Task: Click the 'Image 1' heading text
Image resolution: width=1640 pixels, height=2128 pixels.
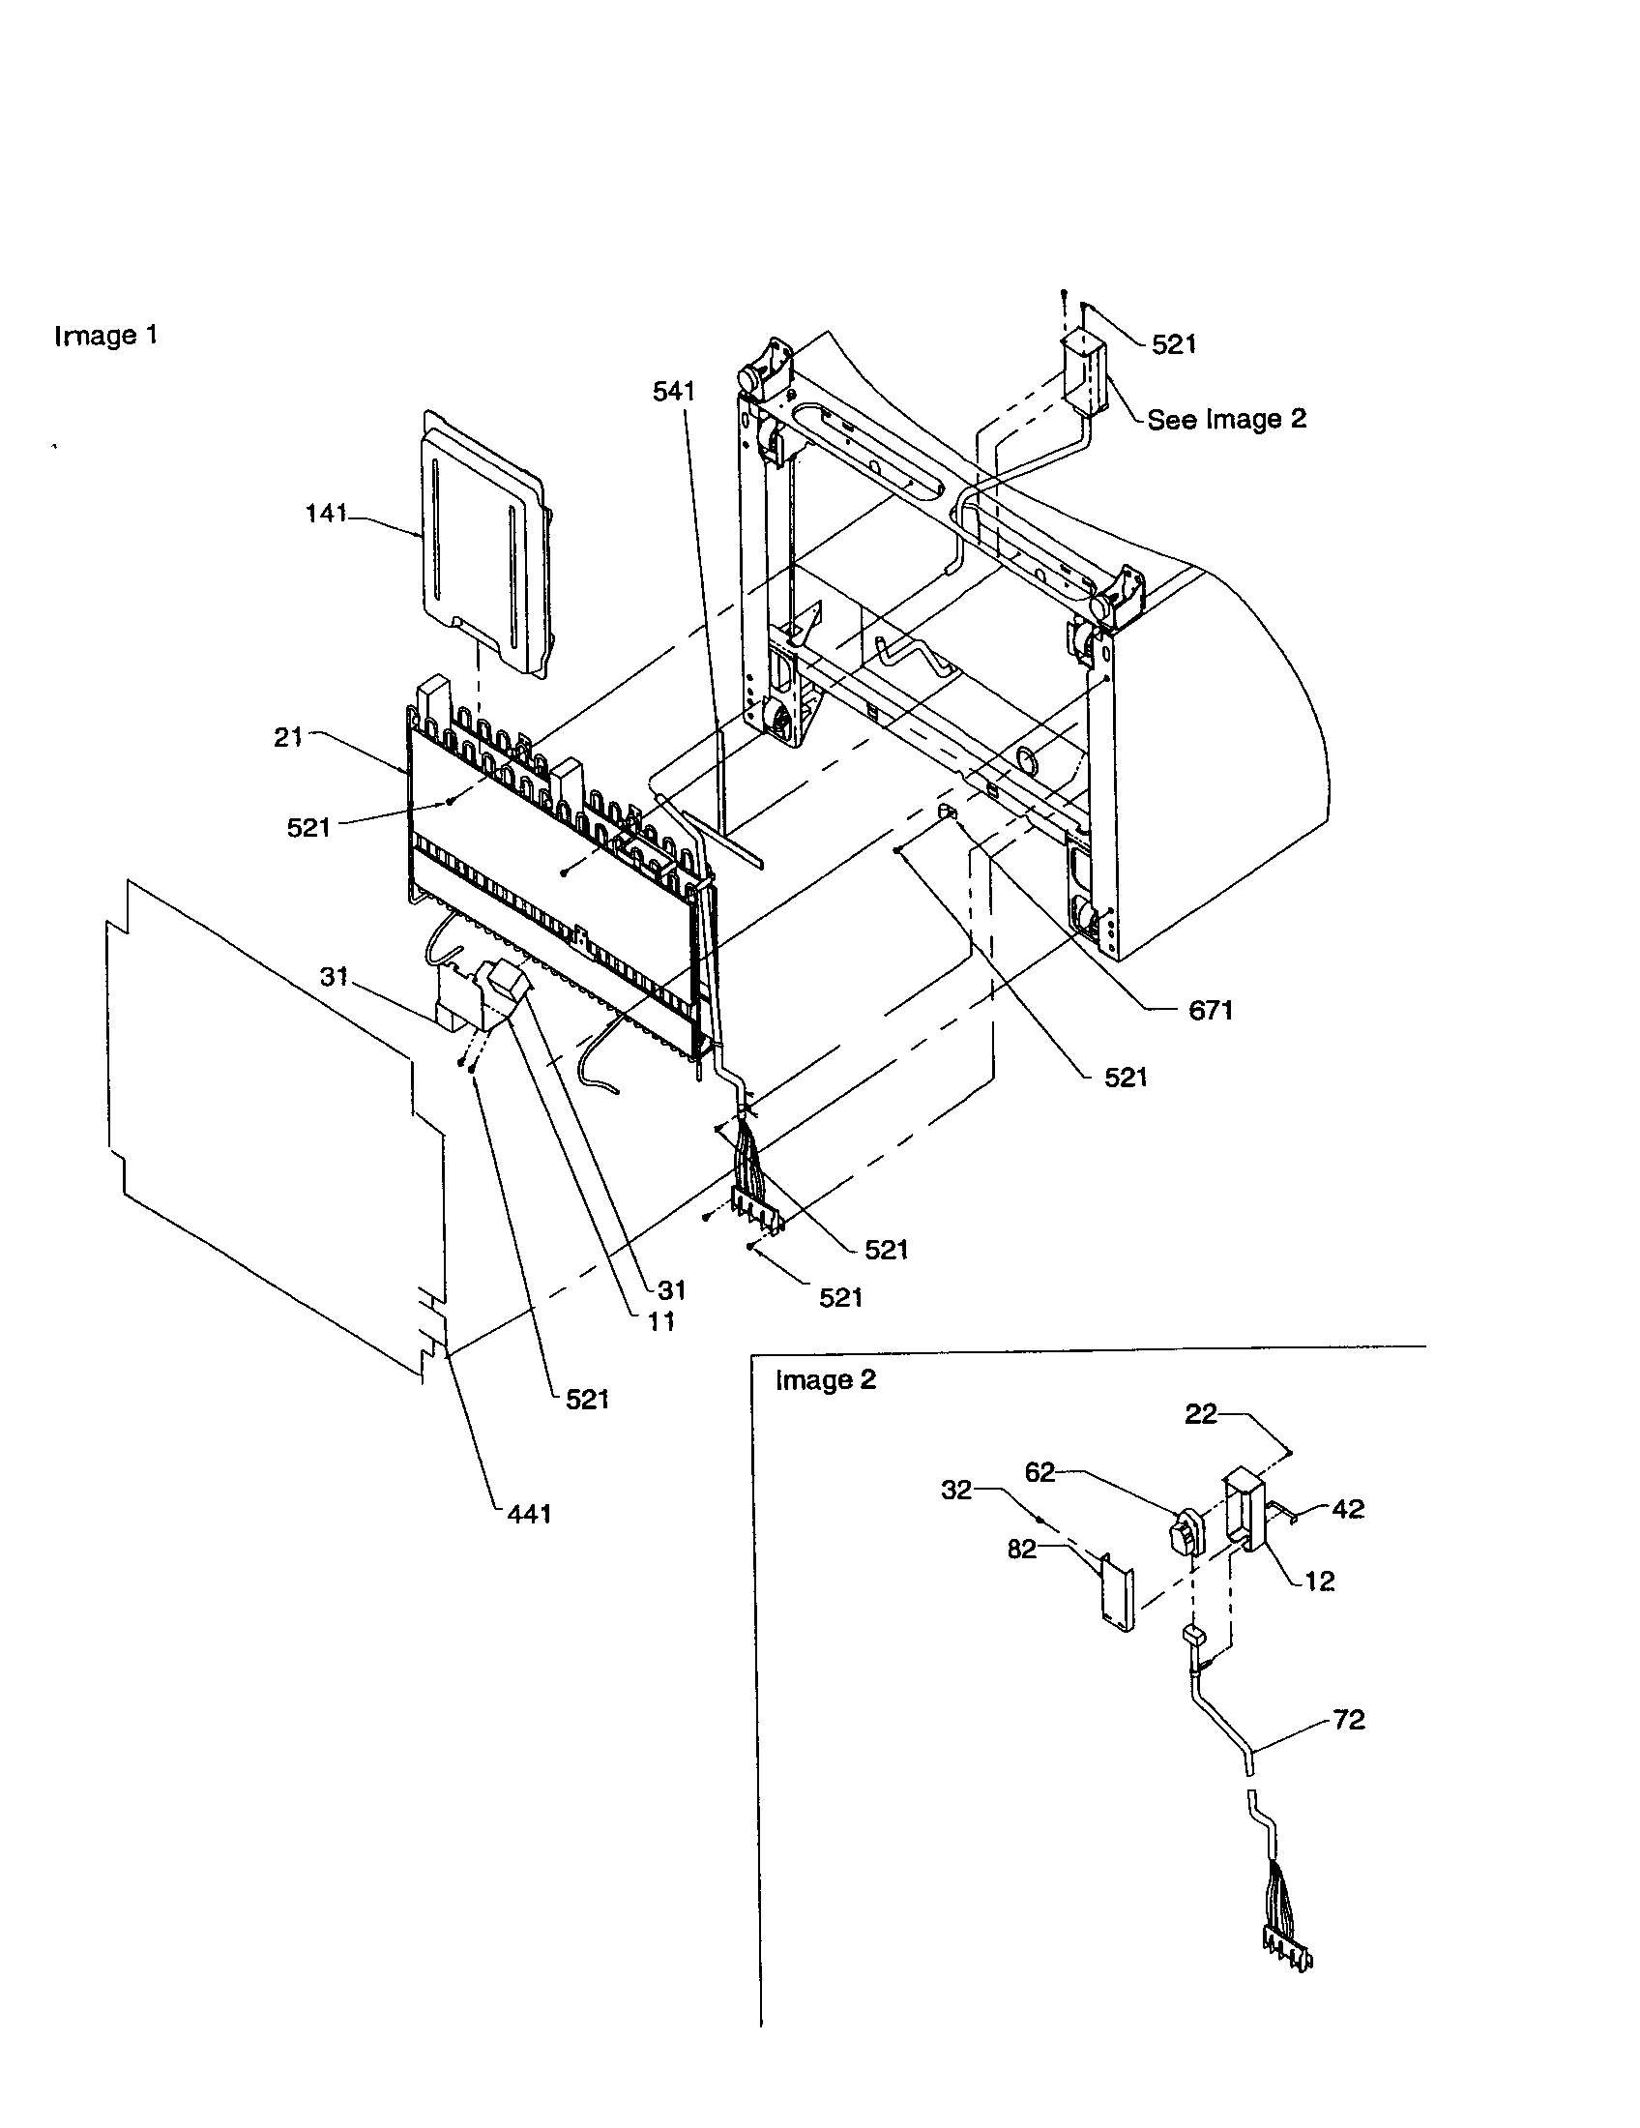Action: click(x=105, y=337)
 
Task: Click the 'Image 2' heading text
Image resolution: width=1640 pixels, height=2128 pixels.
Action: click(x=825, y=1380)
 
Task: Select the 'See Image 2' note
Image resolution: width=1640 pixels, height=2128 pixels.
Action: click(x=1225, y=419)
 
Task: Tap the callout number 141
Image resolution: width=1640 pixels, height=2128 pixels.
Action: click(x=326, y=514)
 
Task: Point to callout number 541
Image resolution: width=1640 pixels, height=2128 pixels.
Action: click(x=674, y=392)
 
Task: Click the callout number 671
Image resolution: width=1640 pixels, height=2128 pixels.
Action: click(x=1211, y=1011)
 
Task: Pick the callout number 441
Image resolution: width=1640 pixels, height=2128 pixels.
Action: click(x=529, y=1513)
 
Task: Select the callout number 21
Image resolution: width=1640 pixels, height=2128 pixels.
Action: click(x=288, y=738)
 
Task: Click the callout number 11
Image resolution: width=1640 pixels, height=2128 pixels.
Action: click(x=661, y=1321)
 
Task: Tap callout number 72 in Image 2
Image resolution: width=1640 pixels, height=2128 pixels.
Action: click(x=1349, y=1720)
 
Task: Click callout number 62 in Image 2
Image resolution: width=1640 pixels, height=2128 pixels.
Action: click(x=1040, y=1472)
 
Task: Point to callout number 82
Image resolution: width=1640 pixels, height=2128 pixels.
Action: click(x=1021, y=1550)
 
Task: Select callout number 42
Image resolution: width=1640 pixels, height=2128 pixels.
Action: click(x=1348, y=1509)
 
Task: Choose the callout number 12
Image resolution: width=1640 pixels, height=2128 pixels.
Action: click(x=1320, y=1581)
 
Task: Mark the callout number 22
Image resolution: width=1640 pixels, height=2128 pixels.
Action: click(x=1201, y=1414)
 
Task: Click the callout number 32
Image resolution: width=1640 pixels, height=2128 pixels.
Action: click(x=956, y=1490)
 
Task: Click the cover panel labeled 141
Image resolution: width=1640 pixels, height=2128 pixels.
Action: click(x=483, y=546)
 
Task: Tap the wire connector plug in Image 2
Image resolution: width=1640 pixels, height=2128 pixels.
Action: click(x=1288, y=1952)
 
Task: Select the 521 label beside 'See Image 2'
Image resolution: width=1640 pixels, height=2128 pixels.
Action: click(x=1174, y=344)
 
